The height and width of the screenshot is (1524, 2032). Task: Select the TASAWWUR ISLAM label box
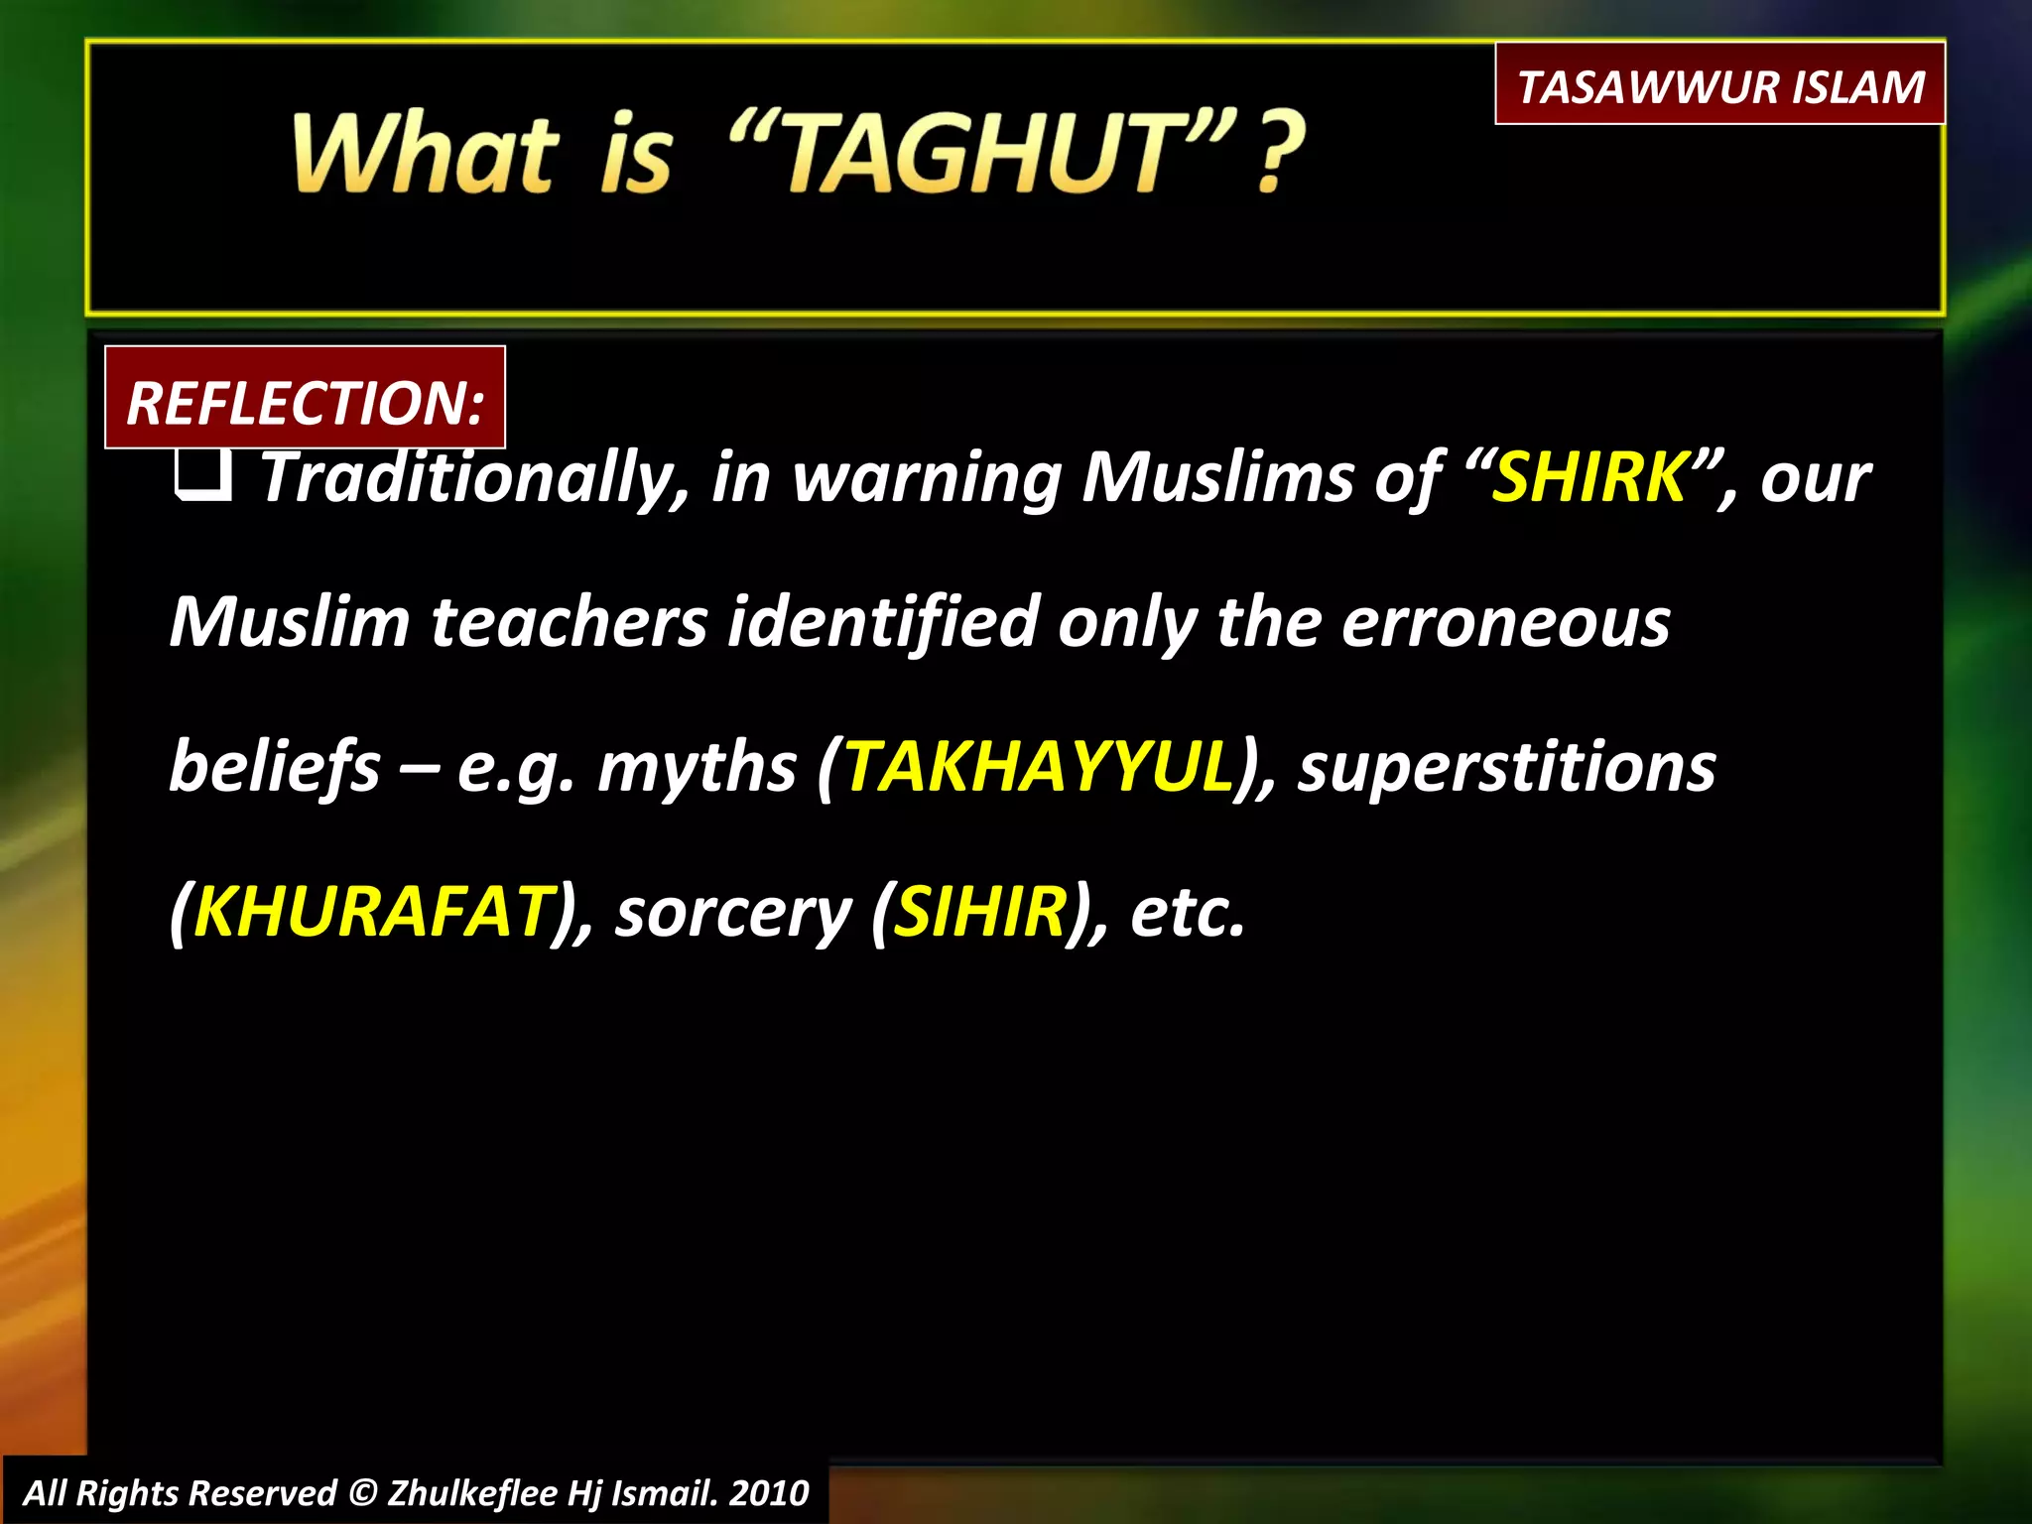tap(1719, 85)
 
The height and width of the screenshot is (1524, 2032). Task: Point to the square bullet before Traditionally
tap(203, 477)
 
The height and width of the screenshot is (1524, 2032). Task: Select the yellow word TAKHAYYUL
tap(1038, 767)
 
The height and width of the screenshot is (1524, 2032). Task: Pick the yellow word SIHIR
tap(980, 911)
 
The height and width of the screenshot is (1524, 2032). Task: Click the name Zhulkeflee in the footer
tap(472, 1492)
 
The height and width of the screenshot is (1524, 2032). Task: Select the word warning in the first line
tap(927, 479)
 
